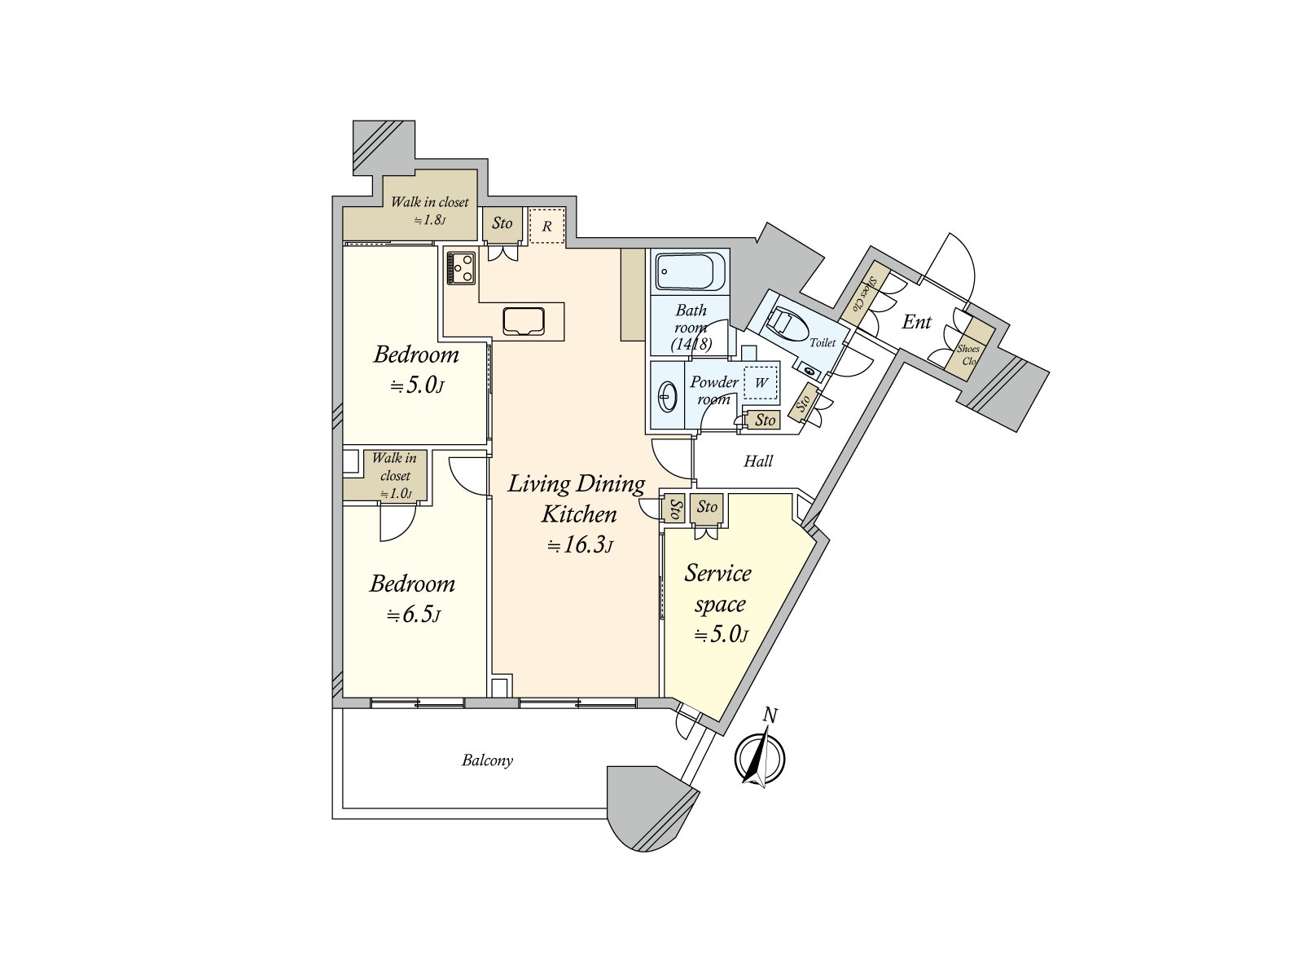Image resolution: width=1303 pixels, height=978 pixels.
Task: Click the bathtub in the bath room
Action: pos(690,271)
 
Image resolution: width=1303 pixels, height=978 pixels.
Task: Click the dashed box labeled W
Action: pos(761,382)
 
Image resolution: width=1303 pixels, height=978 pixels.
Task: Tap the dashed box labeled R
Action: pos(547,226)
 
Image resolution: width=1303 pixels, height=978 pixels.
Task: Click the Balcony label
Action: pos(487,760)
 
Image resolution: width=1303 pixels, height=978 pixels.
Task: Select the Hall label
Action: pos(758,461)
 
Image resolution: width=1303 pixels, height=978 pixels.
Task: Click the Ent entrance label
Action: pos(916,322)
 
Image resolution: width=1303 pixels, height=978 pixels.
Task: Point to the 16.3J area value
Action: pos(580,545)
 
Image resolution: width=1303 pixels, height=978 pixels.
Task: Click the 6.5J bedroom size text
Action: pos(414,615)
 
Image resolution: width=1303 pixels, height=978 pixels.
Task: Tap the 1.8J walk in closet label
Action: pos(430,220)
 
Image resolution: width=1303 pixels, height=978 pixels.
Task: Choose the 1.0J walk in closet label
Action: pos(396,493)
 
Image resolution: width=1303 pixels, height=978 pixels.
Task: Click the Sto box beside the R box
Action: pos(502,223)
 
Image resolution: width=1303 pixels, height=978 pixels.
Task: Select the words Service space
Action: pos(718,588)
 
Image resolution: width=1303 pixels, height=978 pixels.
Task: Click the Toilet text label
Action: pos(823,343)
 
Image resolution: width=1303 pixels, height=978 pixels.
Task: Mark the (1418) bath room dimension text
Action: pos(691,345)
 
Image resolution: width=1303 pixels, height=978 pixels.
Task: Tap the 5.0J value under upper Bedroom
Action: pos(417,385)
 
